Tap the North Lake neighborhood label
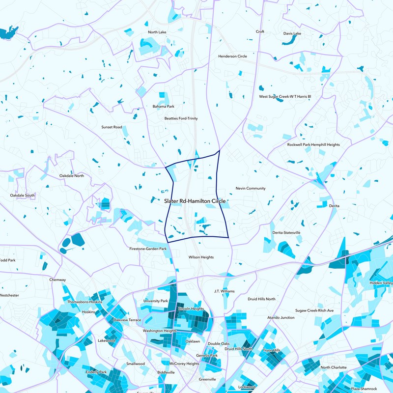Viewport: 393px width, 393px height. coord(157,32)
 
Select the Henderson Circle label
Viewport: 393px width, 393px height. coord(232,56)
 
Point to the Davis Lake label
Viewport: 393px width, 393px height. coord(292,33)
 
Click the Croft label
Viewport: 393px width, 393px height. coord(260,31)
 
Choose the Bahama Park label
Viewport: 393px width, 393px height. coord(164,106)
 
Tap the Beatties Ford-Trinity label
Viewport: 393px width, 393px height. coord(181,118)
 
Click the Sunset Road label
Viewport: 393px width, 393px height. coord(112,127)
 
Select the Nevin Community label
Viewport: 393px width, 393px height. coord(251,188)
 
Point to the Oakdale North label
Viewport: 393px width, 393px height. coord(72,175)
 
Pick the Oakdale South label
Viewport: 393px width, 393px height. coord(23,195)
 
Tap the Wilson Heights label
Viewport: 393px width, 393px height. coord(201,257)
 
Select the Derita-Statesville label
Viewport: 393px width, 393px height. coord(286,232)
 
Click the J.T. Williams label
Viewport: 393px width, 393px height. coord(225,291)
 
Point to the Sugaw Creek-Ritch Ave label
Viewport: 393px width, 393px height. coord(314,310)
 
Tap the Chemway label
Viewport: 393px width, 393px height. coord(57,280)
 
